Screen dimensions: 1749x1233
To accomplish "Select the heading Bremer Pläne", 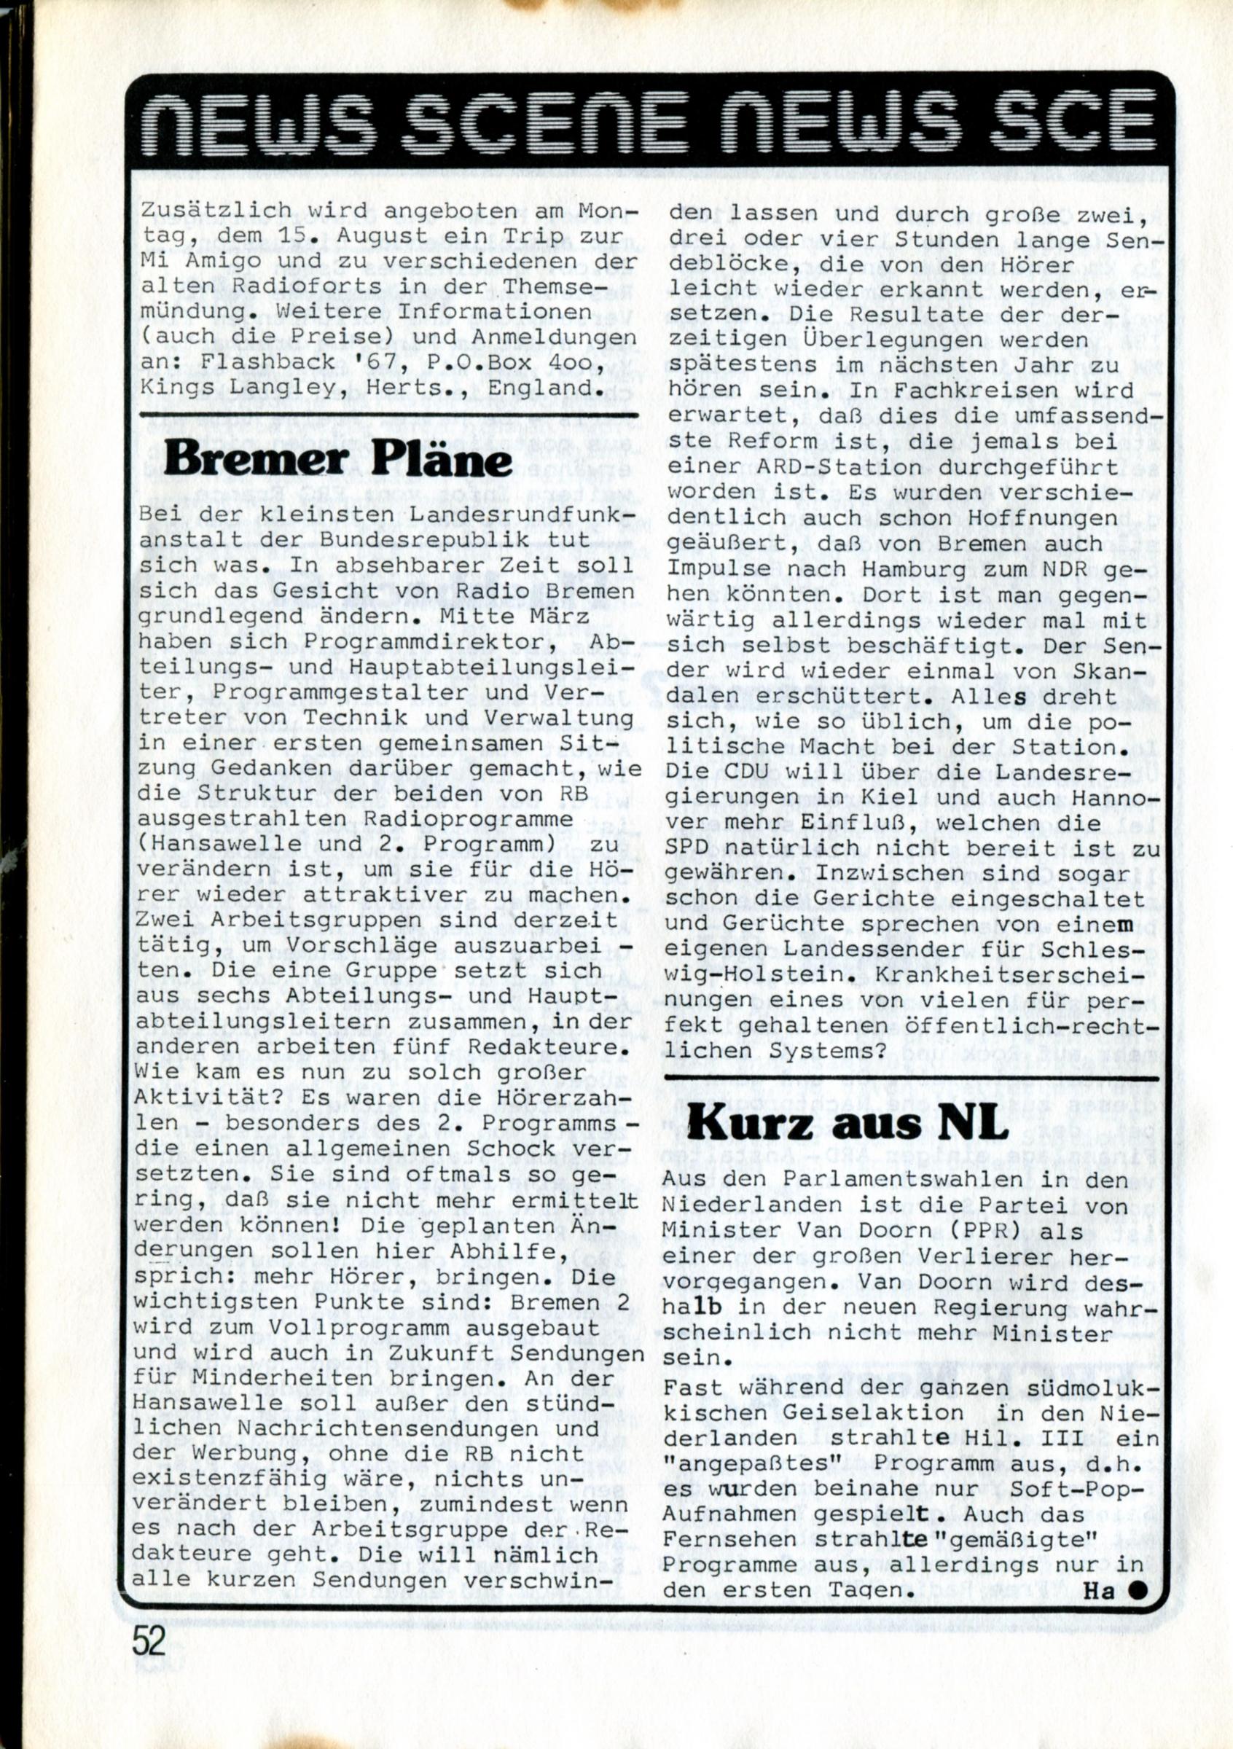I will click(338, 460).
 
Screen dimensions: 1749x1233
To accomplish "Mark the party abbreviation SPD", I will click(692, 848).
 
